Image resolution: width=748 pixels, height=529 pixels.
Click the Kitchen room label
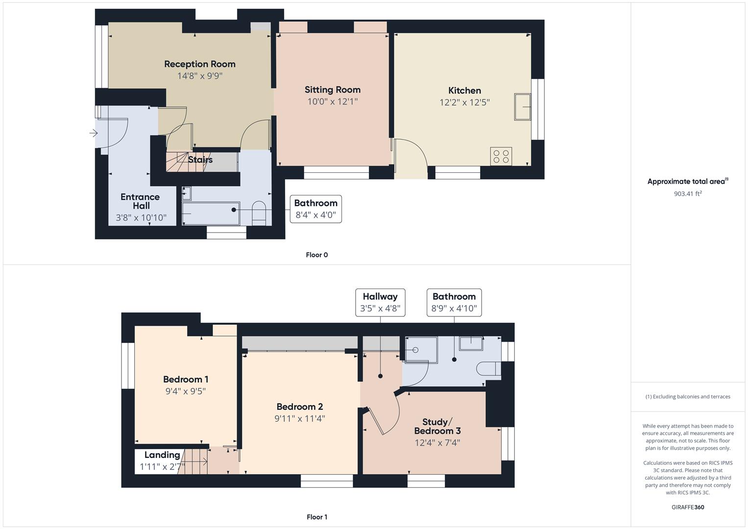coord(464,91)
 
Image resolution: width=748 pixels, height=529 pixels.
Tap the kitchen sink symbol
coord(523,107)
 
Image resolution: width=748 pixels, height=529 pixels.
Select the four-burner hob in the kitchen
coord(501,156)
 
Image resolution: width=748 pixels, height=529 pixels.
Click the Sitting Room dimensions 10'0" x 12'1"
coord(333,102)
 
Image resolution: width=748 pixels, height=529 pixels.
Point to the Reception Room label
coord(199,64)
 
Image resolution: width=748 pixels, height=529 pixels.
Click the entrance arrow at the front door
coord(94,133)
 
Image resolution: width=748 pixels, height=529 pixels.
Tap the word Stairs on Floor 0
coord(200,160)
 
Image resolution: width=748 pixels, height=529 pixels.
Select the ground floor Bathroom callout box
coord(315,209)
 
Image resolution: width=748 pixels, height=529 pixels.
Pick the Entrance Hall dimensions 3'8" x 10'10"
coord(141,217)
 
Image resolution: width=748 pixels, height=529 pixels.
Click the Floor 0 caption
coord(316,255)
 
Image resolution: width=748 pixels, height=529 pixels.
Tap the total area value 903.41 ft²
coord(687,194)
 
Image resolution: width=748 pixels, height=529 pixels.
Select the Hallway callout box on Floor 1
coord(380,302)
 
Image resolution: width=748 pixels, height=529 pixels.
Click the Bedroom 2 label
coord(299,407)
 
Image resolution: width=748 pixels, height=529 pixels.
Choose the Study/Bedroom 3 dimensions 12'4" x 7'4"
coord(437,443)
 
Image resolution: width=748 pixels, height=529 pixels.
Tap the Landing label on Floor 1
coord(162,455)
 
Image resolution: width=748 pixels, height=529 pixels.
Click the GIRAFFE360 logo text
coord(687,507)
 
